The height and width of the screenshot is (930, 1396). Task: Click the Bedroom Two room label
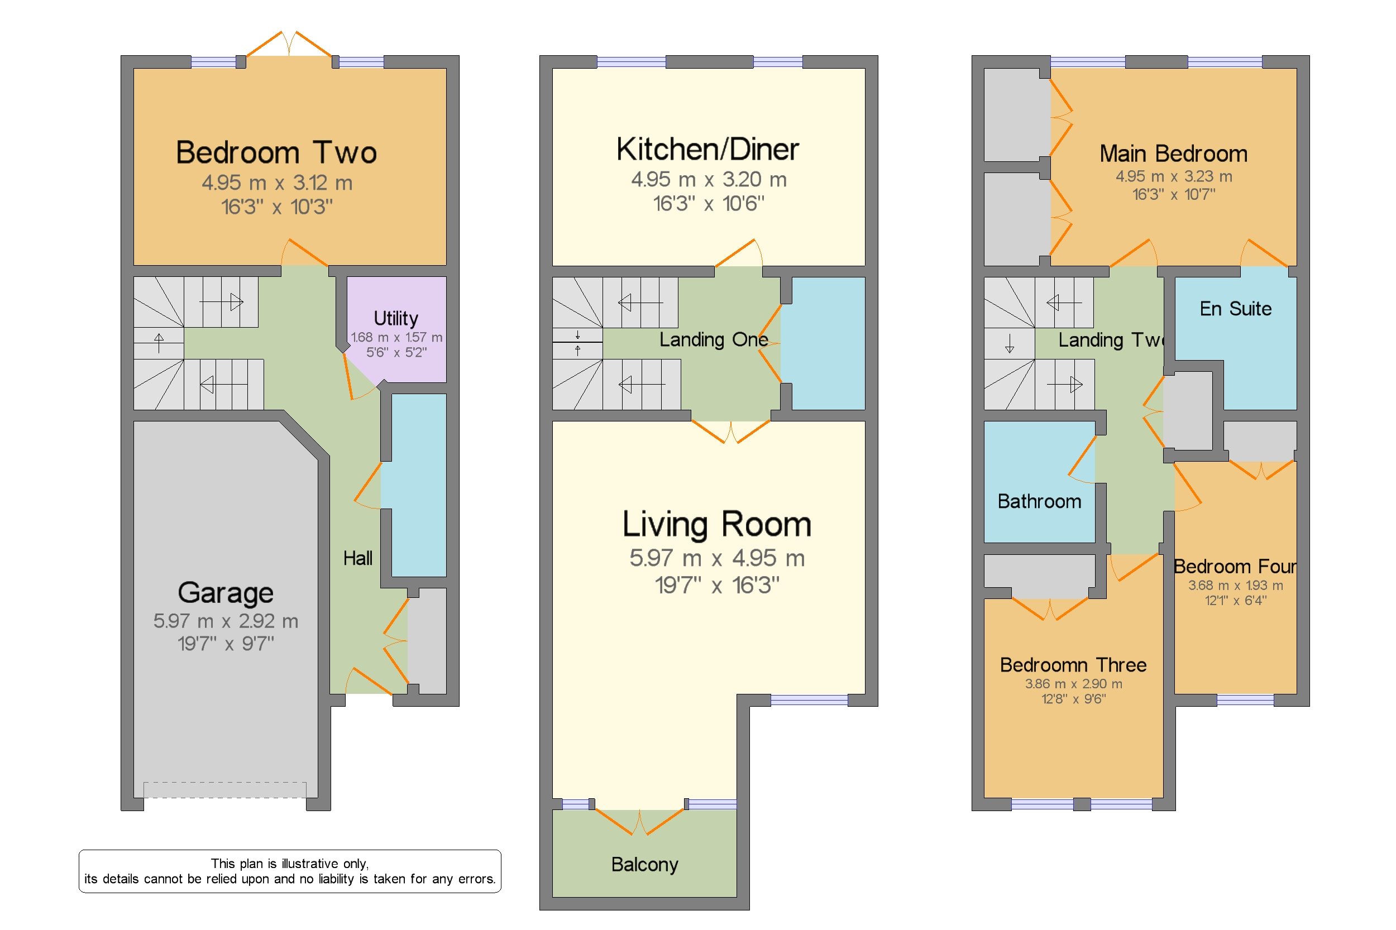tap(276, 152)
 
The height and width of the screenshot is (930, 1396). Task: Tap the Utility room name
tap(396, 319)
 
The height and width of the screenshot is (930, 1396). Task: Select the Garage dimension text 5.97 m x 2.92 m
tap(226, 621)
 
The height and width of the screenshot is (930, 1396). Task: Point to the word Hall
tap(358, 558)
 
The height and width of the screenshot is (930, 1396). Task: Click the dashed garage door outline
tap(225, 789)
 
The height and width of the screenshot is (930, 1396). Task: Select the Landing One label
tap(714, 339)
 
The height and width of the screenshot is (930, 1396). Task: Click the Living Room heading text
tap(716, 524)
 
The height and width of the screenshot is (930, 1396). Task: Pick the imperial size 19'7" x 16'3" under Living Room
tap(716, 586)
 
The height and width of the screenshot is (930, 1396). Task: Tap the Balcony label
tap(644, 864)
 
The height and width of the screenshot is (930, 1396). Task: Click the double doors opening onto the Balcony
tap(639, 822)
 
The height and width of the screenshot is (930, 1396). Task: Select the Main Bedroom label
tap(1173, 154)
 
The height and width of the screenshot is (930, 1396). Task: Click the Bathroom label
tap(1039, 501)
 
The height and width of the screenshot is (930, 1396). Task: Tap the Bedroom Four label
tap(1235, 567)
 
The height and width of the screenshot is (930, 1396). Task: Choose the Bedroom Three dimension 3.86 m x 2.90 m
tap(1073, 684)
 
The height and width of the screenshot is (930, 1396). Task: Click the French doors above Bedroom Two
tap(289, 45)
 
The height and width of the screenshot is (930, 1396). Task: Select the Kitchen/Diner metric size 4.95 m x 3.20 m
tap(709, 179)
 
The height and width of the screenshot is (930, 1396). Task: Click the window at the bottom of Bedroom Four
tap(1245, 701)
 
